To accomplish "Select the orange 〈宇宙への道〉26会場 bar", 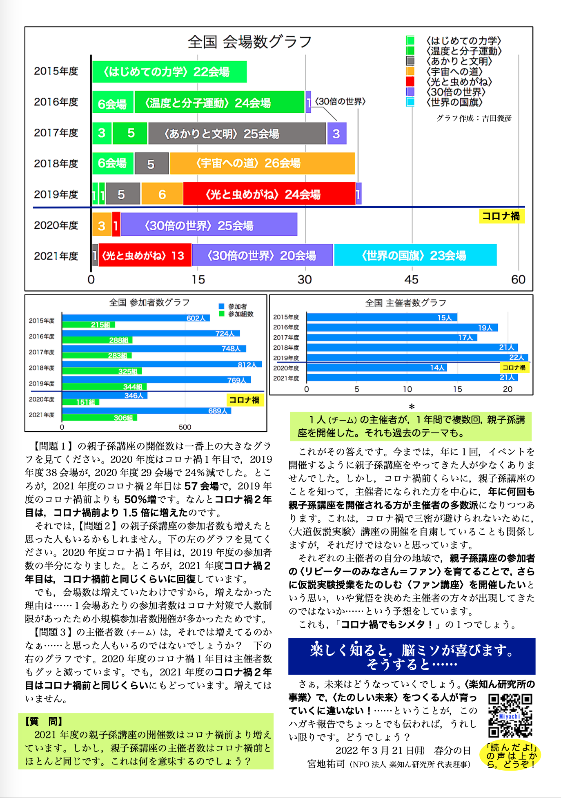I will coord(262,163).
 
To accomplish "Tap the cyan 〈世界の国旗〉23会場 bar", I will coord(415,255).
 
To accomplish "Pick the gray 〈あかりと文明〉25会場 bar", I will coord(237,134).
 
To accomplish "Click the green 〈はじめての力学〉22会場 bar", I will coord(169,72).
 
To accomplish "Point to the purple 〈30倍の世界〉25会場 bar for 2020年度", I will coord(209,225).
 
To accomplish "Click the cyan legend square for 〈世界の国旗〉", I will coord(410,102).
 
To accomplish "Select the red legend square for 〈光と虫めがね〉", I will coord(410,82).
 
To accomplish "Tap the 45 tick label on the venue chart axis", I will coord(412,280).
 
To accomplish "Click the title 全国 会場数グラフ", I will coord(250,42).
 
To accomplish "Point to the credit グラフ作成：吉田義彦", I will coord(474,118).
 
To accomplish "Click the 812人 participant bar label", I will coord(247,365).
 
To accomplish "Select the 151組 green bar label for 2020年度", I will coord(86,402).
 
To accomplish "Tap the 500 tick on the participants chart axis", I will coord(185,427).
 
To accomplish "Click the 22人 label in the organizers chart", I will coord(516,357).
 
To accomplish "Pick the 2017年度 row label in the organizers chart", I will coord(286,338).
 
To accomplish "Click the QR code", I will coord(510,716).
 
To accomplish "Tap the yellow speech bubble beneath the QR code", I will coord(510,756).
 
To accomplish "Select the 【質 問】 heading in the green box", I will coord(43,721).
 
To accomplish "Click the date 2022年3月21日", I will coord(380,751).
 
